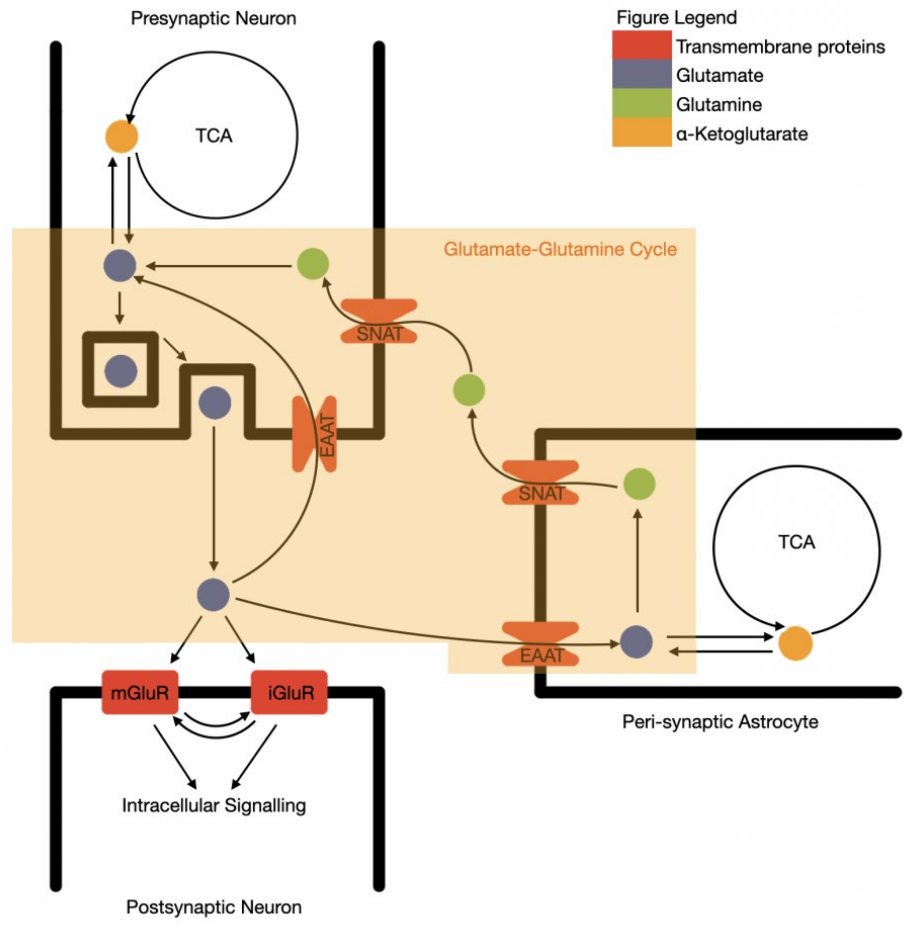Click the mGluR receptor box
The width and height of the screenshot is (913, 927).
coord(140,693)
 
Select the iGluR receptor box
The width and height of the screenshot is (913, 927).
coord(289,693)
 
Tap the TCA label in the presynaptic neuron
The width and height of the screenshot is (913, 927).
coord(214,136)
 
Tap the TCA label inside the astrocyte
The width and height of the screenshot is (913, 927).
coord(796,542)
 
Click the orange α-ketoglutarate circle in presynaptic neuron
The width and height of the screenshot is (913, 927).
coord(122,137)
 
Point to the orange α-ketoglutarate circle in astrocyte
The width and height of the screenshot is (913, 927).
coord(795,643)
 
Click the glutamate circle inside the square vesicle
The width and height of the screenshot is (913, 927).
coord(121,371)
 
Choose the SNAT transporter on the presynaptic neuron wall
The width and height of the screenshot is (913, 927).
coord(379,322)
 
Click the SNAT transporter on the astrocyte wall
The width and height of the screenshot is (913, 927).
coord(540,483)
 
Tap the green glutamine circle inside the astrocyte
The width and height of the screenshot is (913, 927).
coord(639,484)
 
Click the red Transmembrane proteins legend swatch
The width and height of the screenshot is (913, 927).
coord(642,46)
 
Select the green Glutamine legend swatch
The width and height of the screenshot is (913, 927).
coord(642,103)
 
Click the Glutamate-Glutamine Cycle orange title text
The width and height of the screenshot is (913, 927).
coord(560,249)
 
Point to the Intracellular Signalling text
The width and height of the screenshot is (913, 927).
coord(214,805)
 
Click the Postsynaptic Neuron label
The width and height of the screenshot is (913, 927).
coord(214,907)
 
